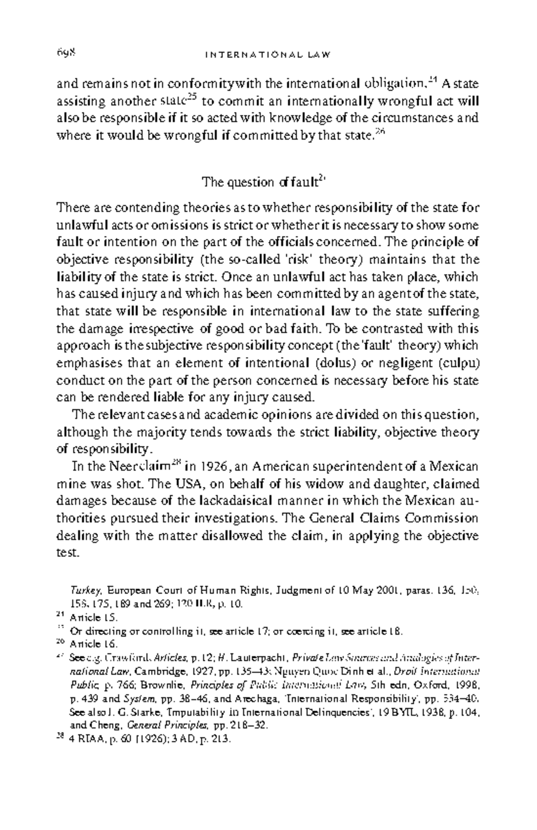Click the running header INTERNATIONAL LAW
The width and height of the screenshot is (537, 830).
(268, 55)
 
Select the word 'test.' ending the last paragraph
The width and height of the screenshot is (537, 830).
(68, 553)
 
